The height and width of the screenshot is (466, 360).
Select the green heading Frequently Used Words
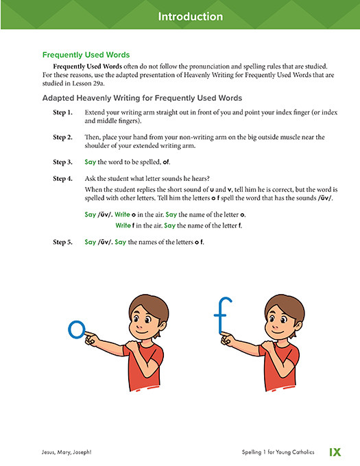pos(86,54)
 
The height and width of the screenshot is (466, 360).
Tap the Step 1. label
pos(63,111)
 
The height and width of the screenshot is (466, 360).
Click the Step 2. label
pos(63,137)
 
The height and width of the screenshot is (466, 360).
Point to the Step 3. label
pos(63,162)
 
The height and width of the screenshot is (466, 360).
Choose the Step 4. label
pos(63,178)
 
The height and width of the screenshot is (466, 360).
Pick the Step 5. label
pos(63,242)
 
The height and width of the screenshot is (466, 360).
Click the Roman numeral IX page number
pos(335,452)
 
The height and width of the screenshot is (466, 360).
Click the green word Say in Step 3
pos(90,162)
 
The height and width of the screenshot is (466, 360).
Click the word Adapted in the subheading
pos(60,98)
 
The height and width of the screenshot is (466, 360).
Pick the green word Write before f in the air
pos(123,225)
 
